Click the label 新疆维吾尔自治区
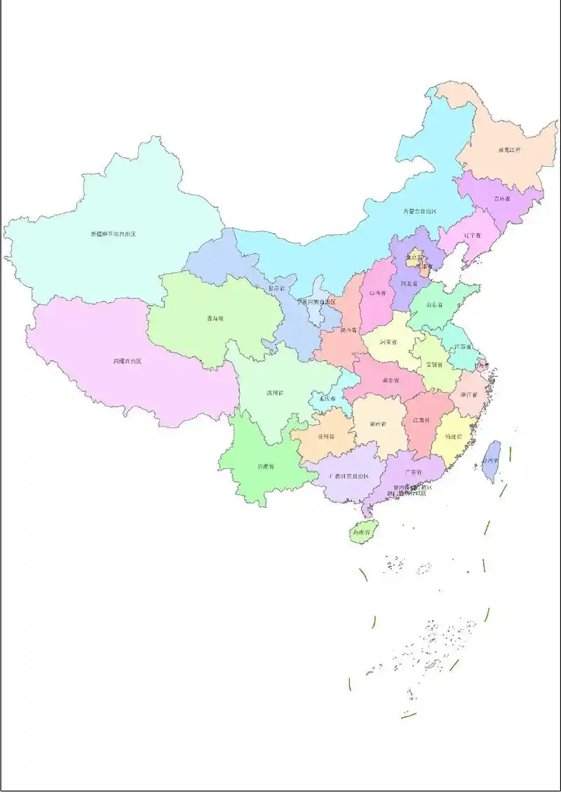(113, 233)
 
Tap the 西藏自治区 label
(127, 361)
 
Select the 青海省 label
(215, 318)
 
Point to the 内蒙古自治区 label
(419, 211)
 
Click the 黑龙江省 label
(509, 150)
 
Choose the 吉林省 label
(502, 198)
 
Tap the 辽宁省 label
(472, 236)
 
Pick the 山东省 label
(435, 305)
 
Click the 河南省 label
(388, 342)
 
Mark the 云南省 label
(266, 466)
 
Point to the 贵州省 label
(325, 435)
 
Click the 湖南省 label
(379, 423)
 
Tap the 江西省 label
(421, 420)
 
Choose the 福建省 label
(454, 435)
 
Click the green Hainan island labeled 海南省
(363, 531)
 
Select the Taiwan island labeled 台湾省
(492, 461)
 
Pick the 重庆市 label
(327, 398)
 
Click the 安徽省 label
(434, 365)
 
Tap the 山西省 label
(378, 292)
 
